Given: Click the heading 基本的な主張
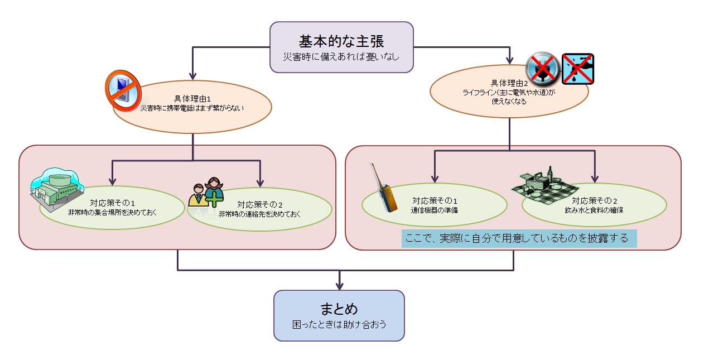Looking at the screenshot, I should tap(341, 41).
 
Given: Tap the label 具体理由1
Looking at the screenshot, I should tap(192, 99).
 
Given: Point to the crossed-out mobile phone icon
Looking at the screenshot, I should tap(122, 89).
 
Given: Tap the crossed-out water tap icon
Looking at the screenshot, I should tap(577, 69).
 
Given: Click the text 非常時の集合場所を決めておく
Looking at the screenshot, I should tap(112, 212).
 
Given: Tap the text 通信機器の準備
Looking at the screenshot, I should tap(434, 210).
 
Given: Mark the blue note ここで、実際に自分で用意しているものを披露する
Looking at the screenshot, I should tap(519, 238).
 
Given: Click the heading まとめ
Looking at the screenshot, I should tap(339, 309).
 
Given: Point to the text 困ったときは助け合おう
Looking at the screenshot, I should tap(339, 324).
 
